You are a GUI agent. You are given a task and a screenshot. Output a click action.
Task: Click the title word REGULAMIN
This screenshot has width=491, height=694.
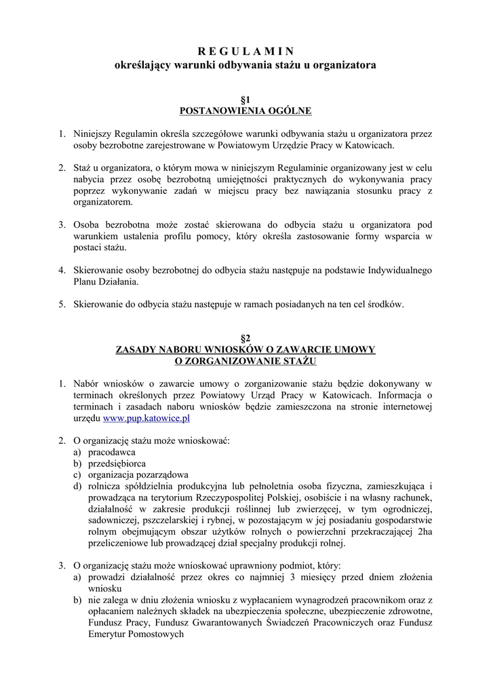click(245, 52)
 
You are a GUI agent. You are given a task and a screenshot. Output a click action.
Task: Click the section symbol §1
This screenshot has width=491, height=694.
click(245, 99)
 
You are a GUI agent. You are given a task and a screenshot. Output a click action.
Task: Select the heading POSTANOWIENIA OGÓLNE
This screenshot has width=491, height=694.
click(245, 110)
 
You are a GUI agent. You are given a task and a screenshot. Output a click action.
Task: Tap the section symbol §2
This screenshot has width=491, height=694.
click(245, 338)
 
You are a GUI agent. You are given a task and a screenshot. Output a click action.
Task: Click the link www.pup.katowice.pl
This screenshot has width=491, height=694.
click(141, 418)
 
